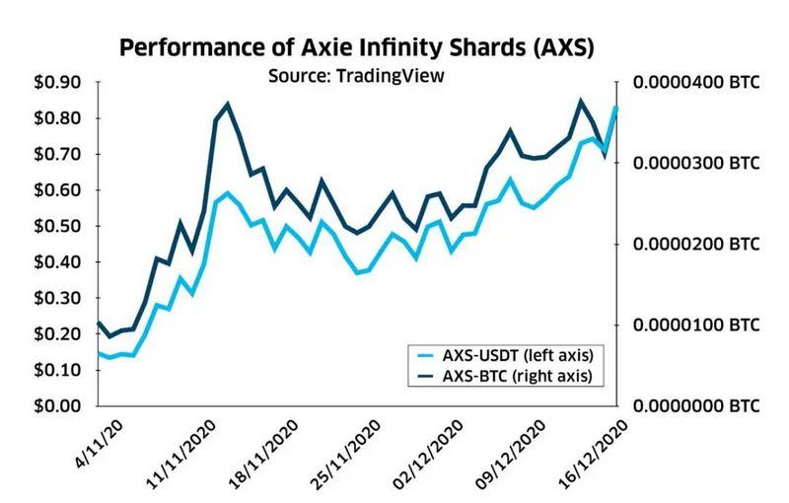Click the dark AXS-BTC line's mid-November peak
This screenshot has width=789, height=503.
click(x=228, y=104)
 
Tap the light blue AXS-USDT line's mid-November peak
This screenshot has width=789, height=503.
click(x=228, y=193)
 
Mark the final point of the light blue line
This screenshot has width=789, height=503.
click(x=616, y=107)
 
